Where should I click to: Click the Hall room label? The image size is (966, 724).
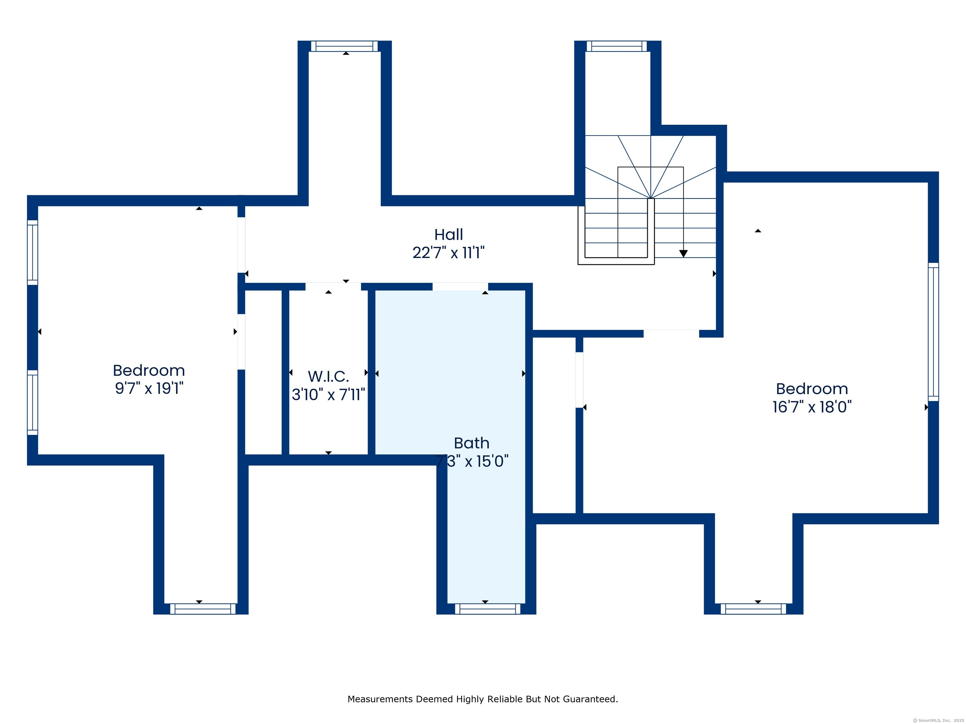[x=448, y=235]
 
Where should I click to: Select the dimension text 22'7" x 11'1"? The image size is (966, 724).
[x=448, y=253]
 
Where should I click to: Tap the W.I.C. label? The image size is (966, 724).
[x=328, y=376]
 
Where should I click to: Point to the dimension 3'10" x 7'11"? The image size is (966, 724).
[x=328, y=394]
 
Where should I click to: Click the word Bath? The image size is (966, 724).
[x=472, y=443]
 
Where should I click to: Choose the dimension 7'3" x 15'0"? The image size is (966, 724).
[x=472, y=461]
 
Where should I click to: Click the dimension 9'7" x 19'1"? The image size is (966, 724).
[x=149, y=388]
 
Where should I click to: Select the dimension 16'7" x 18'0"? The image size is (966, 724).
[x=812, y=407]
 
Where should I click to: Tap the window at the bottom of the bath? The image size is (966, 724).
[x=488, y=609]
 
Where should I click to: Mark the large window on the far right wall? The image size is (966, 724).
[x=933, y=332]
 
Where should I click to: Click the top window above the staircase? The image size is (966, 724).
[x=617, y=46]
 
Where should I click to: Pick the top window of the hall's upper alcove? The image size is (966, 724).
[x=345, y=46]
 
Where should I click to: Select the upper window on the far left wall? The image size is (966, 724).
[x=33, y=252]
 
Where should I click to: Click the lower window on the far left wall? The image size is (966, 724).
[x=33, y=402]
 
